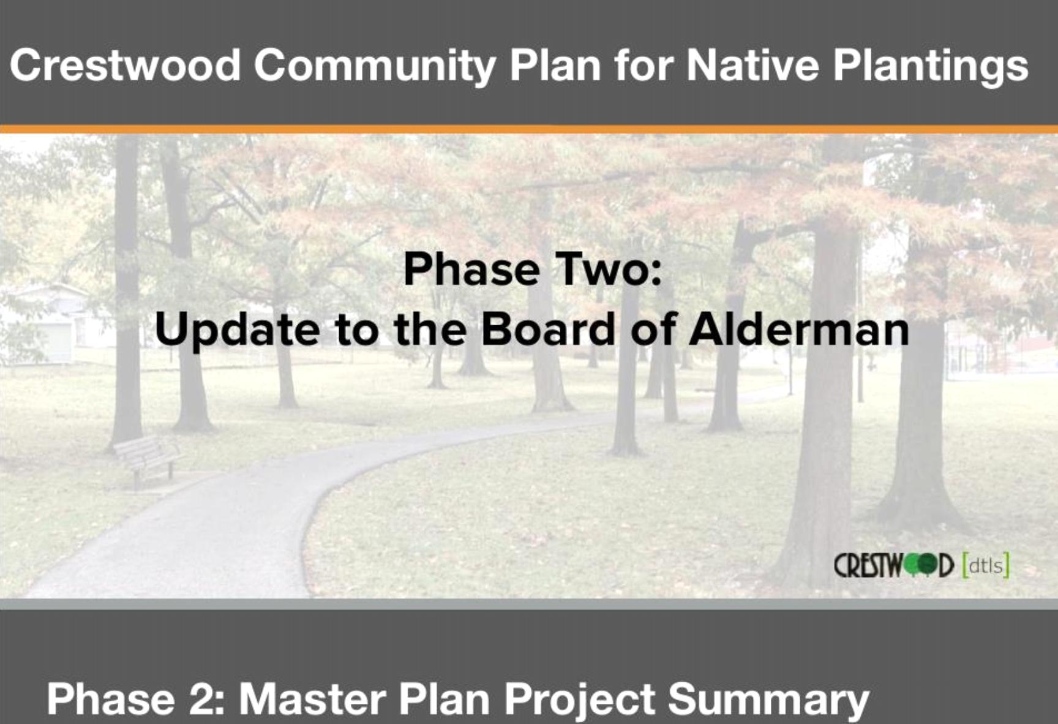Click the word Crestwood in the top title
[126, 65]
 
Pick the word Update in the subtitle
[237, 331]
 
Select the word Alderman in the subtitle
[799, 329]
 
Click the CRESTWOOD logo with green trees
[894, 565]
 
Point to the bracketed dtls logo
[985, 565]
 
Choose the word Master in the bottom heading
[312, 699]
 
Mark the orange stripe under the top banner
[529, 129]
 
